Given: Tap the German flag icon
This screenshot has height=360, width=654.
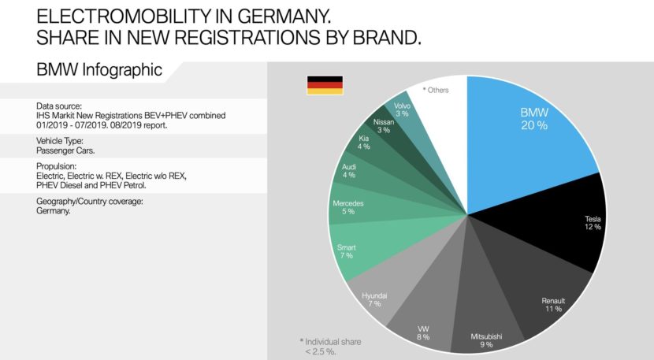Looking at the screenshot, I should [324, 85].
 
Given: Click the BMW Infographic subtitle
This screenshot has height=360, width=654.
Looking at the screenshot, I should [99, 69].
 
